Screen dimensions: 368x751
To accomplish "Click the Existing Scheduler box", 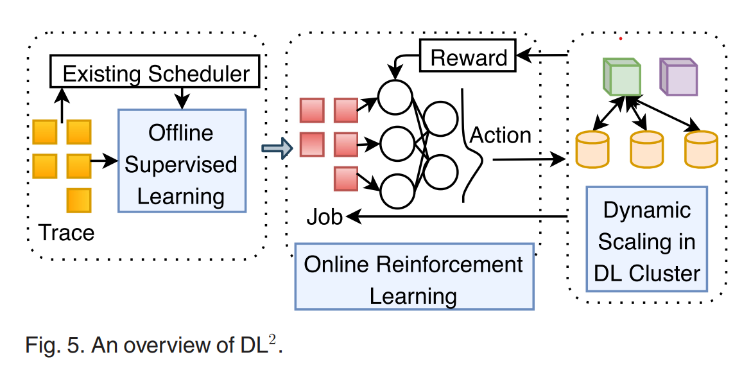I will click(156, 73).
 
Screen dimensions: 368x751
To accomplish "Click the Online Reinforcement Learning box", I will click(414, 276).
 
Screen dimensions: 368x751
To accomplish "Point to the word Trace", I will click(67, 232).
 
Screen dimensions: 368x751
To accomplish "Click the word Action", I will click(501, 135).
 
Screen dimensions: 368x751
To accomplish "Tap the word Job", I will click(324, 217).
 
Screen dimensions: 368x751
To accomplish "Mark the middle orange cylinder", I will click(646, 149).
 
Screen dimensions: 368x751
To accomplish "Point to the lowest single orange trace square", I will click(80, 200).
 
